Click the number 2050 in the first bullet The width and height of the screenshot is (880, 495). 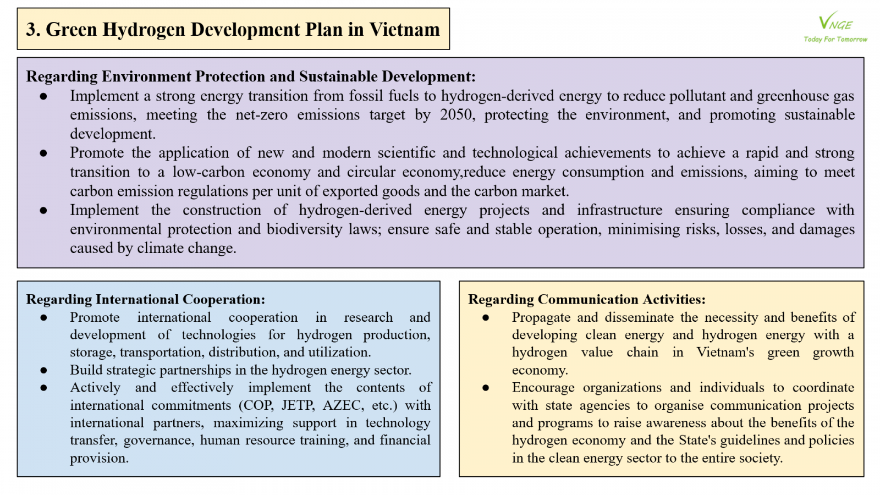[456, 115]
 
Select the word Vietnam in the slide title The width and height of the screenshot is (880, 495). [404, 29]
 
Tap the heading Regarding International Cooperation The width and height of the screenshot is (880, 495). [146, 299]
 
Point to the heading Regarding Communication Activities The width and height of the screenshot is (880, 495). [586, 299]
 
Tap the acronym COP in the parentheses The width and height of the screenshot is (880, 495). [258, 405]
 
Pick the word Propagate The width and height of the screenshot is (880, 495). [541, 317]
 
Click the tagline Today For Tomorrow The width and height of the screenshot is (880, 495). [835, 40]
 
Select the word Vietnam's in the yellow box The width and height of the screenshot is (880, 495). [725, 353]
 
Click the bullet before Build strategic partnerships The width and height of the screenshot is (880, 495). [43, 370]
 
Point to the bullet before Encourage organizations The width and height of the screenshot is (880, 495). [486, 388]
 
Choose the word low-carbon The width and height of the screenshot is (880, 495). [208, 172]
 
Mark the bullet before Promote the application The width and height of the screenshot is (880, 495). [43, 153]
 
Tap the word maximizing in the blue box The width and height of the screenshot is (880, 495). [248, 423]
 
